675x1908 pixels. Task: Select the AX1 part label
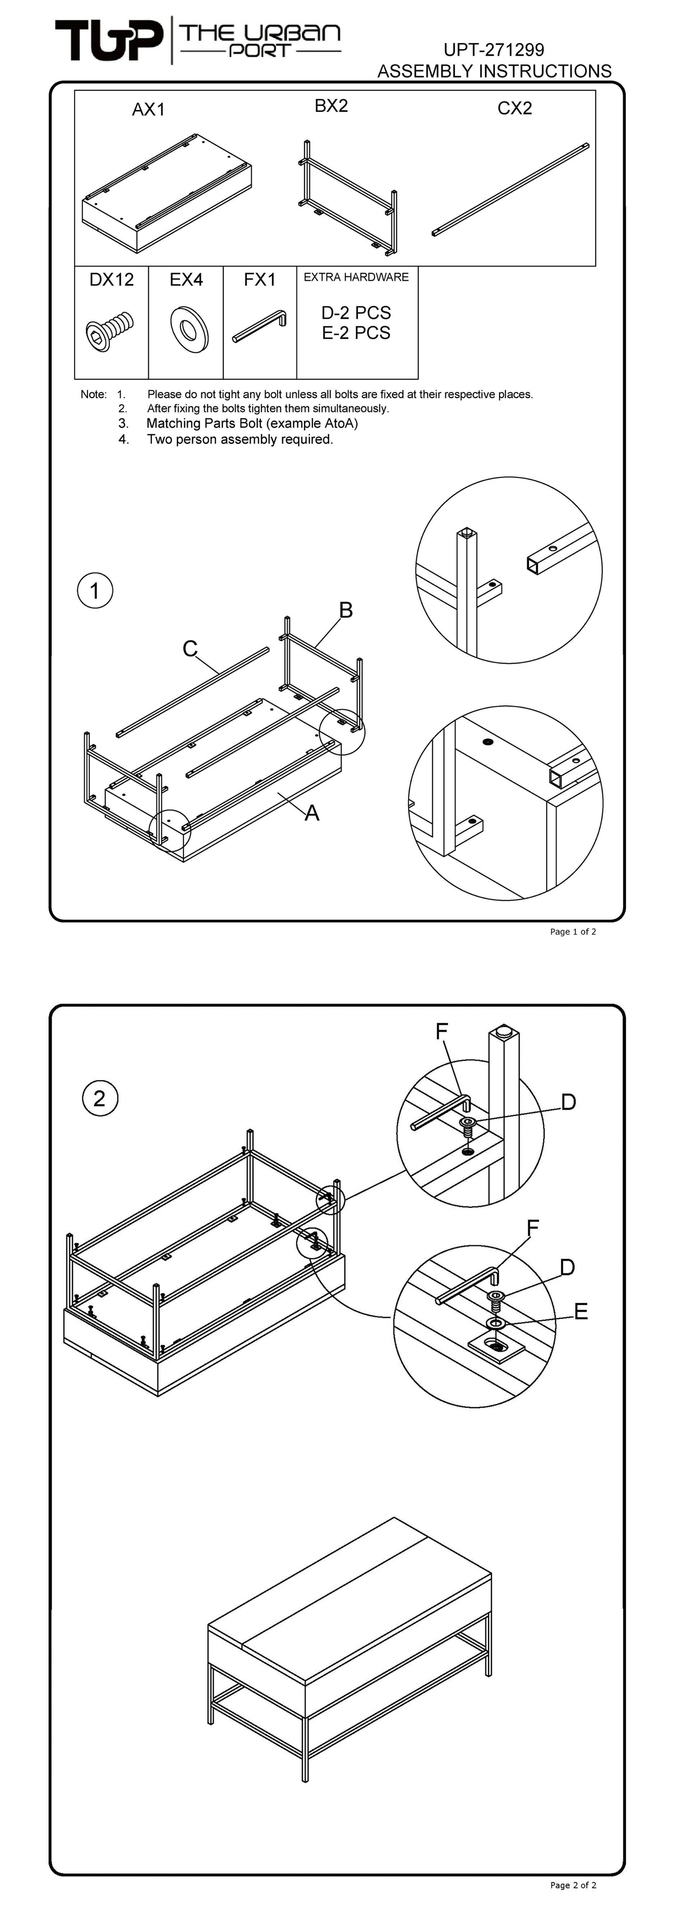point(148,110)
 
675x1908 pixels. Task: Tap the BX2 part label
point(331,106)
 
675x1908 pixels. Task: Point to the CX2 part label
point(514,108)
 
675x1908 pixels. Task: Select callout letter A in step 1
point(312,813)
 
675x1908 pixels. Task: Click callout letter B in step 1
point(345,610)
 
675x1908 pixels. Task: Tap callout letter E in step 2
point(581,1312)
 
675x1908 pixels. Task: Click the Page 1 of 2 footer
point(573,932)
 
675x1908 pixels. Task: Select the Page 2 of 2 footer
point(573,1885)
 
